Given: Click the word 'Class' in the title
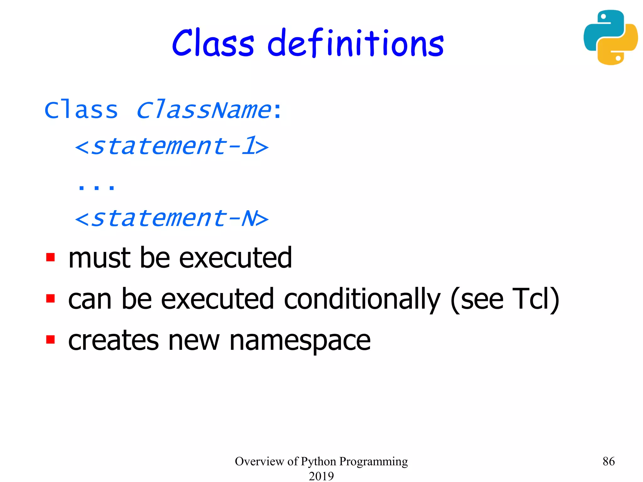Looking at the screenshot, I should coord(213,43).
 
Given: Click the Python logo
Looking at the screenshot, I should coord(610,37).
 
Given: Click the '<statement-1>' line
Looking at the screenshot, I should coord(172,146).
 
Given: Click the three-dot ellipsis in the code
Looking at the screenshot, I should coord(96,187).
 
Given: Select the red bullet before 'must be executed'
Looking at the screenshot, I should coord(50,257).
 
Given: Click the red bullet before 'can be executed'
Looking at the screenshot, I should coord(50,298).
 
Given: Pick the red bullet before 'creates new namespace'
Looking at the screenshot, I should coord(50,340).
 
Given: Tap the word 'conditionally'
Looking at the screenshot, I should coord(362,300).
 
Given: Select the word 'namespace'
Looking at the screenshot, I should coord(300,341).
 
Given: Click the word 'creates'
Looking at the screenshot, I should coord(113,341).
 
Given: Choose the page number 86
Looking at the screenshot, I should coord(608,461).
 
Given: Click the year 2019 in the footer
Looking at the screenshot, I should coord(321,476).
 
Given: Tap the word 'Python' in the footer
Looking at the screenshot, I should coord(318,462).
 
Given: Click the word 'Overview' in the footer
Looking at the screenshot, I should coord(259,461).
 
